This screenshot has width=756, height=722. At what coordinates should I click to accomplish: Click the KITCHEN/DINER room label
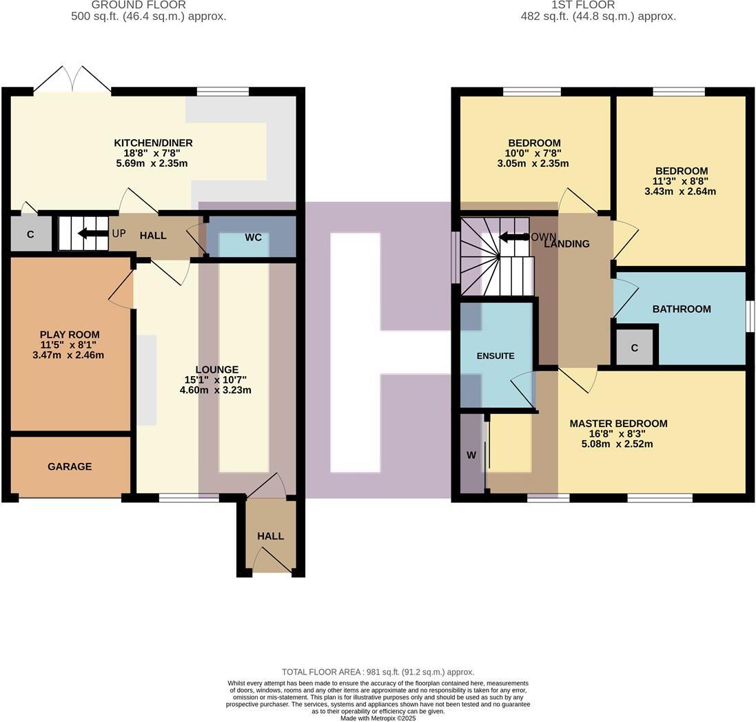click(153, 143)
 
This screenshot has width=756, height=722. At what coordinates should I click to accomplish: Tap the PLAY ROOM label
click(70, 335)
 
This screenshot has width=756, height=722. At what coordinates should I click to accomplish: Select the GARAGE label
click(70, 466)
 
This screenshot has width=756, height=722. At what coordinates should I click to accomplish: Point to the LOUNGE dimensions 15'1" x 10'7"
click(216, 380)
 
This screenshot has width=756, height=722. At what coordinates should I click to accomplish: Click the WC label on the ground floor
click(253, 237)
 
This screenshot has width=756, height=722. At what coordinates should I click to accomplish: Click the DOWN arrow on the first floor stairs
click(511, 237)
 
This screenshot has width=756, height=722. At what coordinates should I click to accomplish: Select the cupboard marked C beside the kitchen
click(30, 234)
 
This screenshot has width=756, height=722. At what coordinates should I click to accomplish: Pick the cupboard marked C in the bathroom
click(634, 348)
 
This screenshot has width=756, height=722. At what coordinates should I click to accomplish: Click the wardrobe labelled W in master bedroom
click(471, 455)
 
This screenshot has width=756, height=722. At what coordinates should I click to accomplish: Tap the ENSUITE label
click(496, 356)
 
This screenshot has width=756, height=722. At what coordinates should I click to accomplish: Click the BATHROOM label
click(682, 309)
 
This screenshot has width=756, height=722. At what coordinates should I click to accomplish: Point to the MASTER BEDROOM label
click(618, 424)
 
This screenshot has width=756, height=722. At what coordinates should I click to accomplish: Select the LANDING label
click(567, 243)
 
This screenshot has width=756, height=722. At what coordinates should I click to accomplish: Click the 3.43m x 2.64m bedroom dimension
click(680, 191)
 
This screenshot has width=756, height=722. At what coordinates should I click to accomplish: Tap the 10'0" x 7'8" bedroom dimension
click(534, 153)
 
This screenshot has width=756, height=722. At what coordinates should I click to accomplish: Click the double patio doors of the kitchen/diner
click(72, 79)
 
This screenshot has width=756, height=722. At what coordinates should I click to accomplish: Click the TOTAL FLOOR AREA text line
click(378, 672)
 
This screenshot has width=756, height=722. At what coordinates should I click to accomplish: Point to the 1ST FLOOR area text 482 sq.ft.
click(597, 16)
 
